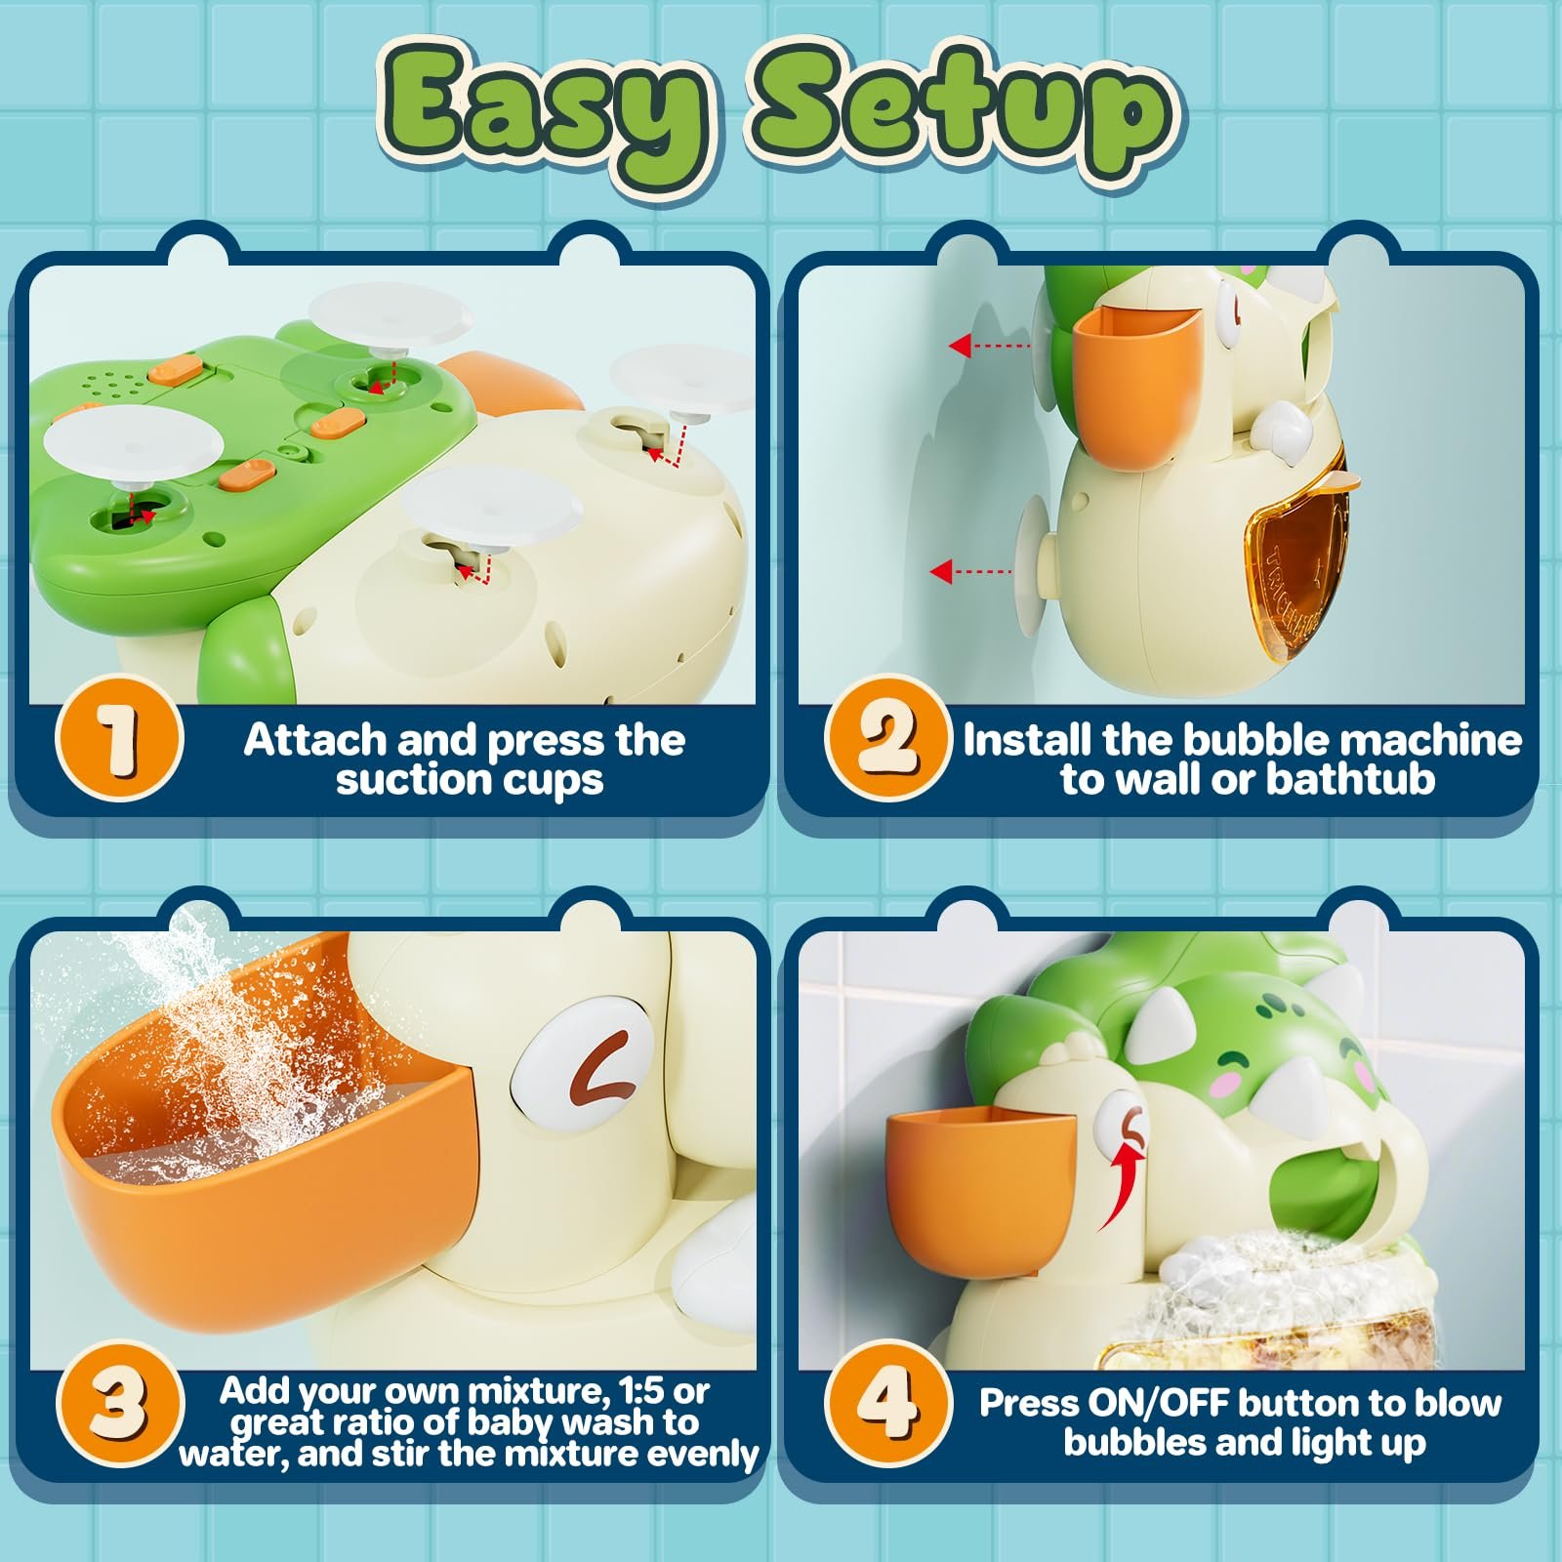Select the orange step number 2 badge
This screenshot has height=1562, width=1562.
pos(886,740)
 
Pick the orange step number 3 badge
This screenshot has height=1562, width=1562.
pos(119,1403)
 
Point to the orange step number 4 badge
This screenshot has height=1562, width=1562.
pos(886,1403)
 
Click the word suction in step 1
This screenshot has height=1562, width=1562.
pos(402,780)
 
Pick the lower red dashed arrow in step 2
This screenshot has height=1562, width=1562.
pos(970,571)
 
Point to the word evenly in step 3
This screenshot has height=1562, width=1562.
pos(704,1455)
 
